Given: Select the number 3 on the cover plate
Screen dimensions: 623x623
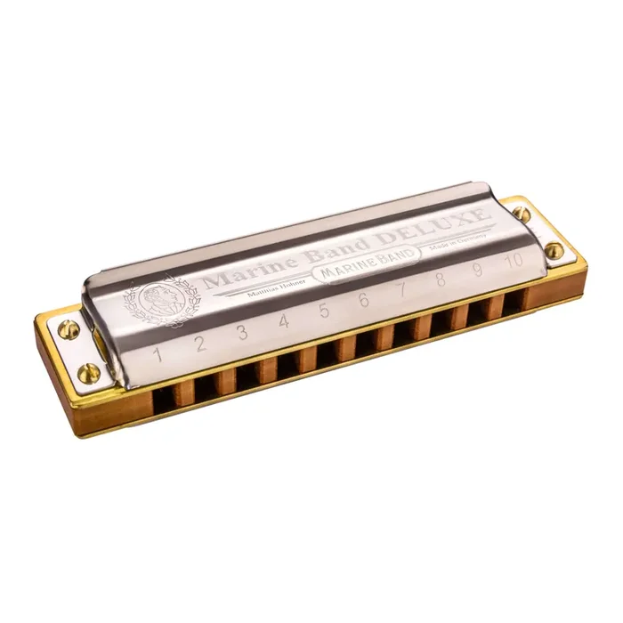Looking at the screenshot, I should pyautogui.click(x=242, y=333).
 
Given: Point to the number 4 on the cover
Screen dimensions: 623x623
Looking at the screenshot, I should pyautogui.click(x=284, y=321).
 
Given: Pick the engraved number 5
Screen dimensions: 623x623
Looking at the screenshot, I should pyautogui.click(x=324, y=310).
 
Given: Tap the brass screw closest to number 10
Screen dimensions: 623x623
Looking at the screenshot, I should pyautogui.click(x=554, y=250).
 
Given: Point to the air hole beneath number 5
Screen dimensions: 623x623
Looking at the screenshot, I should pyautogui.click(x=327, y=352).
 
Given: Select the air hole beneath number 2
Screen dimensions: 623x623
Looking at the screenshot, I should pyautogui.click(x=207, y=385).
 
